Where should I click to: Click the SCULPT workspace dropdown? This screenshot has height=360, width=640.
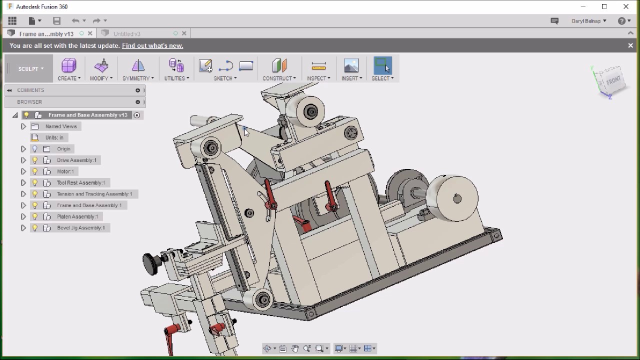point(29,69)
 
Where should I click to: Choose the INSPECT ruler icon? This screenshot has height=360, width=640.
point(318,66)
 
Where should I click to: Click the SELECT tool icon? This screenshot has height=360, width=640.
point(382,65)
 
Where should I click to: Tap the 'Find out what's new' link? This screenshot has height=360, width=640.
point(152,45)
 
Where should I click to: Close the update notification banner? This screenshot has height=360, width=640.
point(630,45)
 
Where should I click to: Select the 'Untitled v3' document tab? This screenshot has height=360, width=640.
point(127,33)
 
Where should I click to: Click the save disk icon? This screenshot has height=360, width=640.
point(56,20)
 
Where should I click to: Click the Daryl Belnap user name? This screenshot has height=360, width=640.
point(586,21)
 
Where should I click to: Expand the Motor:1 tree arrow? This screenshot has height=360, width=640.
point(23,171)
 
